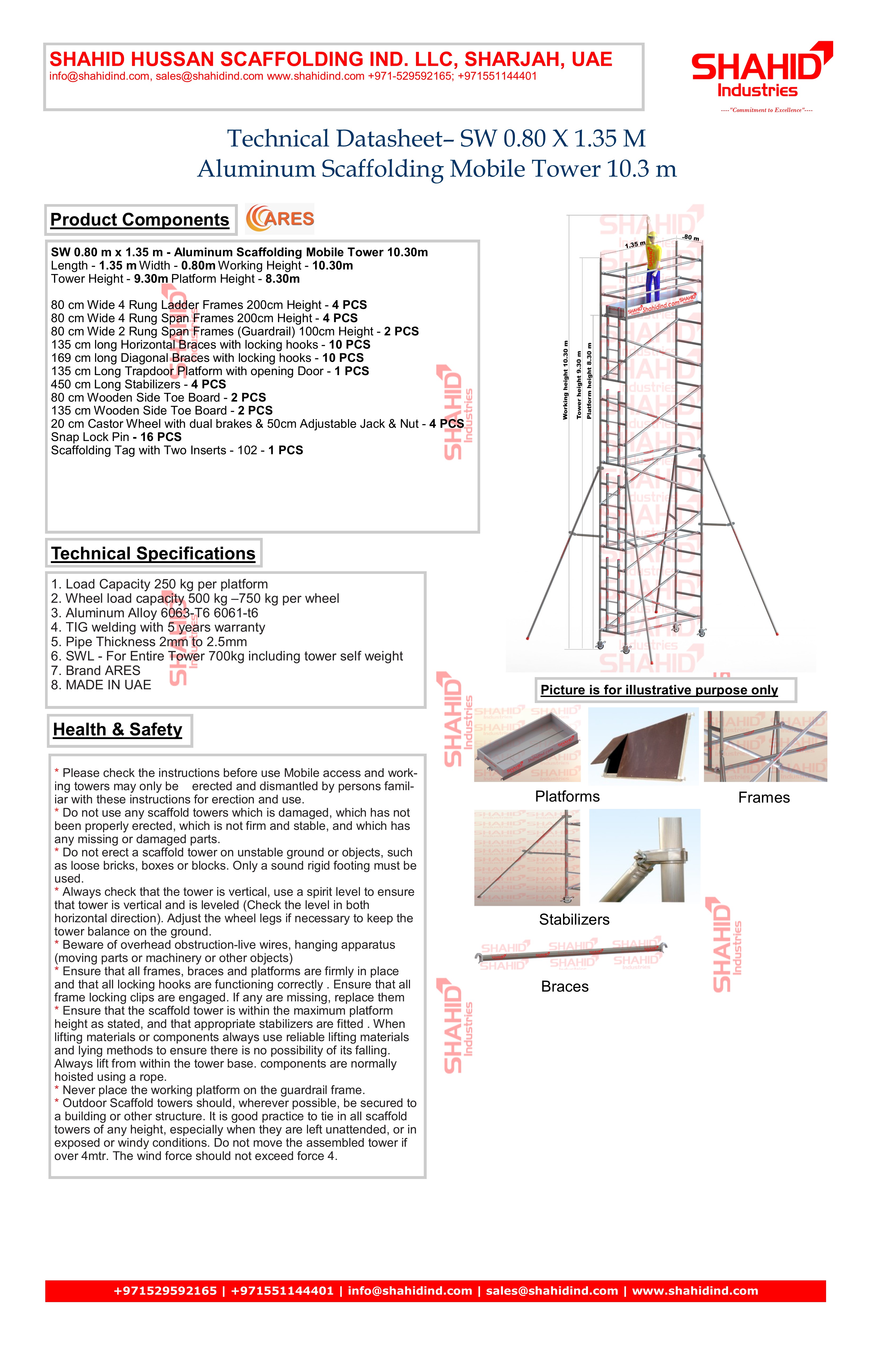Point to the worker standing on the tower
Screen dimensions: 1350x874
pyautogui.click(x=654, y=265)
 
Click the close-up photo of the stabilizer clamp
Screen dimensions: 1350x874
pyautogui.click(x=645, y=856)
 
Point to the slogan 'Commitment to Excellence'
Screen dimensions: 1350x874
pyautogui.click(x=766, y=110)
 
